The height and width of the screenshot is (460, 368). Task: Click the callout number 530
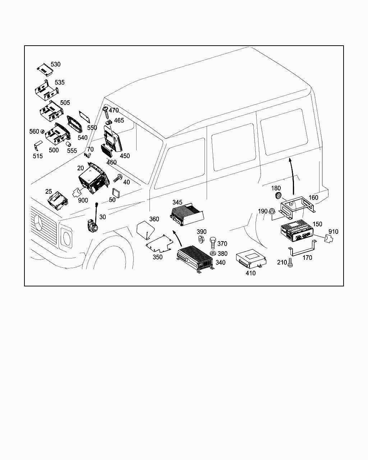(56, 64)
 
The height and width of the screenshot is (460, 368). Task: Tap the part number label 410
(250, 273)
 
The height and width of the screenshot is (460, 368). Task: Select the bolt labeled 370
(213, 243)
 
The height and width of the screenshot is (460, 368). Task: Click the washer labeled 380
(213, 253)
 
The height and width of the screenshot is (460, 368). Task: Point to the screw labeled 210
(290, 262)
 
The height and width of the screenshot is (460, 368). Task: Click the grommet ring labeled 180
(278, 195)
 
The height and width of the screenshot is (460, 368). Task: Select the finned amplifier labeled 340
(194, 259)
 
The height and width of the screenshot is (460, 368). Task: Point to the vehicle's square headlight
(67, 236)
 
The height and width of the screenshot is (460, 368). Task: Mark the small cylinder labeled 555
(68, 144)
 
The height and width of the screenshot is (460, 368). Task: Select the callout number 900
(83, 200)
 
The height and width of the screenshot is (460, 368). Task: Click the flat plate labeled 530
(45, 69)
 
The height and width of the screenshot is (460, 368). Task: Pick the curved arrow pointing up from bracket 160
(292, 176)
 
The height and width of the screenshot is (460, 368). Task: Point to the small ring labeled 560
(42, 131)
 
